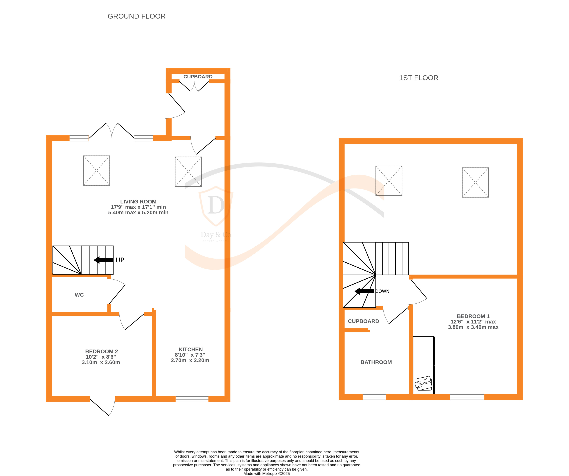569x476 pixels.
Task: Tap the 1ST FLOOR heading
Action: coord(418,78)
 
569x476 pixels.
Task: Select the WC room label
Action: coord(79,295)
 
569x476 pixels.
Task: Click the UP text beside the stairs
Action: coord(120,260)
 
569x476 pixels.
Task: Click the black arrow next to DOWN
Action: coord(364,291)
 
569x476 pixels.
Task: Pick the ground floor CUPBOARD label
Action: coord(198,77)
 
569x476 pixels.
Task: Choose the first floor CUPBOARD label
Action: coord(363,321)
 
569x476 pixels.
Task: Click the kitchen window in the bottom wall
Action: coord(192,399)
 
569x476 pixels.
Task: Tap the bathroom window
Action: coord(374,397)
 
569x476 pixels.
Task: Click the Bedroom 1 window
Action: coord(467,397)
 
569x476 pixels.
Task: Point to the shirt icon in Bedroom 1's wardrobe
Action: coord(423,383)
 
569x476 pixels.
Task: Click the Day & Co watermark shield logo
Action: coord(216,206)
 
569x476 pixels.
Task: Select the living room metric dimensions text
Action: coord(138,212)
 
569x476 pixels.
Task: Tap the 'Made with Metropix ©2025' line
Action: coord(267,474)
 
